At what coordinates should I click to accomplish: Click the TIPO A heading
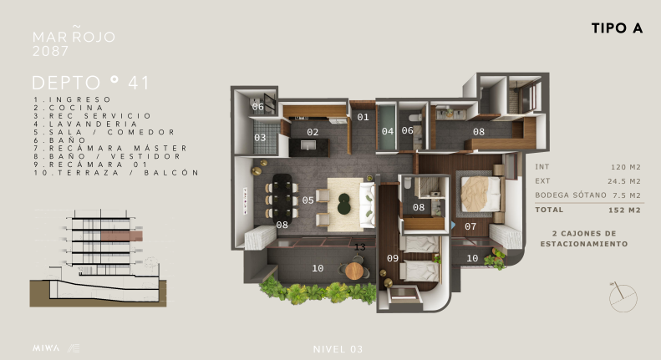(617, 28)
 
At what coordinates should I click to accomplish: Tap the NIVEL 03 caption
(338, 349)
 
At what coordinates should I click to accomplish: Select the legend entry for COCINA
(69, 108)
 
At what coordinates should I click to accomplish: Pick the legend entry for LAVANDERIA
(85, 124)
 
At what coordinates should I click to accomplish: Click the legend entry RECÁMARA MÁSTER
(110, 148)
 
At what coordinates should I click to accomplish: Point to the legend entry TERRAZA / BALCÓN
(116, 172)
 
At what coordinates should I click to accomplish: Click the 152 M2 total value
(624, 210)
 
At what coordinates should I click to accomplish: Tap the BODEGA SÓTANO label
(571, 195)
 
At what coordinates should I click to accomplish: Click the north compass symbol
(623, 297)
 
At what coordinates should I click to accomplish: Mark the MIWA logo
(46, 348)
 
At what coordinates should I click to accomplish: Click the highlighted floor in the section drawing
(121, 236)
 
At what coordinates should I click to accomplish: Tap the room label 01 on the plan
(363, 117)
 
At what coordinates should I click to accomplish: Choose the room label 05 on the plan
(308, 200)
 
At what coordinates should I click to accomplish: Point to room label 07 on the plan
(470, 227)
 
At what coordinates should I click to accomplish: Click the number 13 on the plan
(360, 247)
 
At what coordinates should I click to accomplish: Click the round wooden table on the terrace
(354, 271)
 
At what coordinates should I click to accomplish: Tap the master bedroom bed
(481, 195)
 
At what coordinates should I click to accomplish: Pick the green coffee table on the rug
(344, 204)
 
